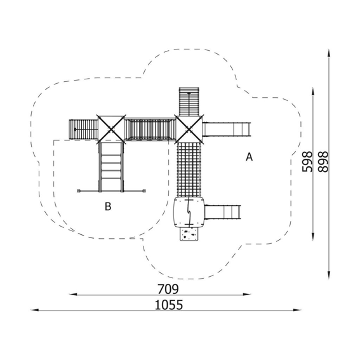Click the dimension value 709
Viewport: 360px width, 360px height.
click(x=168, y=289)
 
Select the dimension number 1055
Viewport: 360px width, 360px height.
click(x=169, y=305)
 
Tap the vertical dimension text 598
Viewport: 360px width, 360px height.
click(x=307, y=161)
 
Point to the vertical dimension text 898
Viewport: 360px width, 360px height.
click(x=323, y=161)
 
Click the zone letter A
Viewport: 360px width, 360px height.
click(x=249, y=157)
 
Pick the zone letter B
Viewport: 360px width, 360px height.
click(x=108, y=206)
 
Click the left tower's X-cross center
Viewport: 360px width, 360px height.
click(x=111, y=130)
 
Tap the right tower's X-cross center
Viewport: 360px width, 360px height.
click(x=189, y=130)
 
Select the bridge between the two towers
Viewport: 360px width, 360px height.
click(x=150, y=130)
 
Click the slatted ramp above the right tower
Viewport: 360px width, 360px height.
click(x=189, y=101)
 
